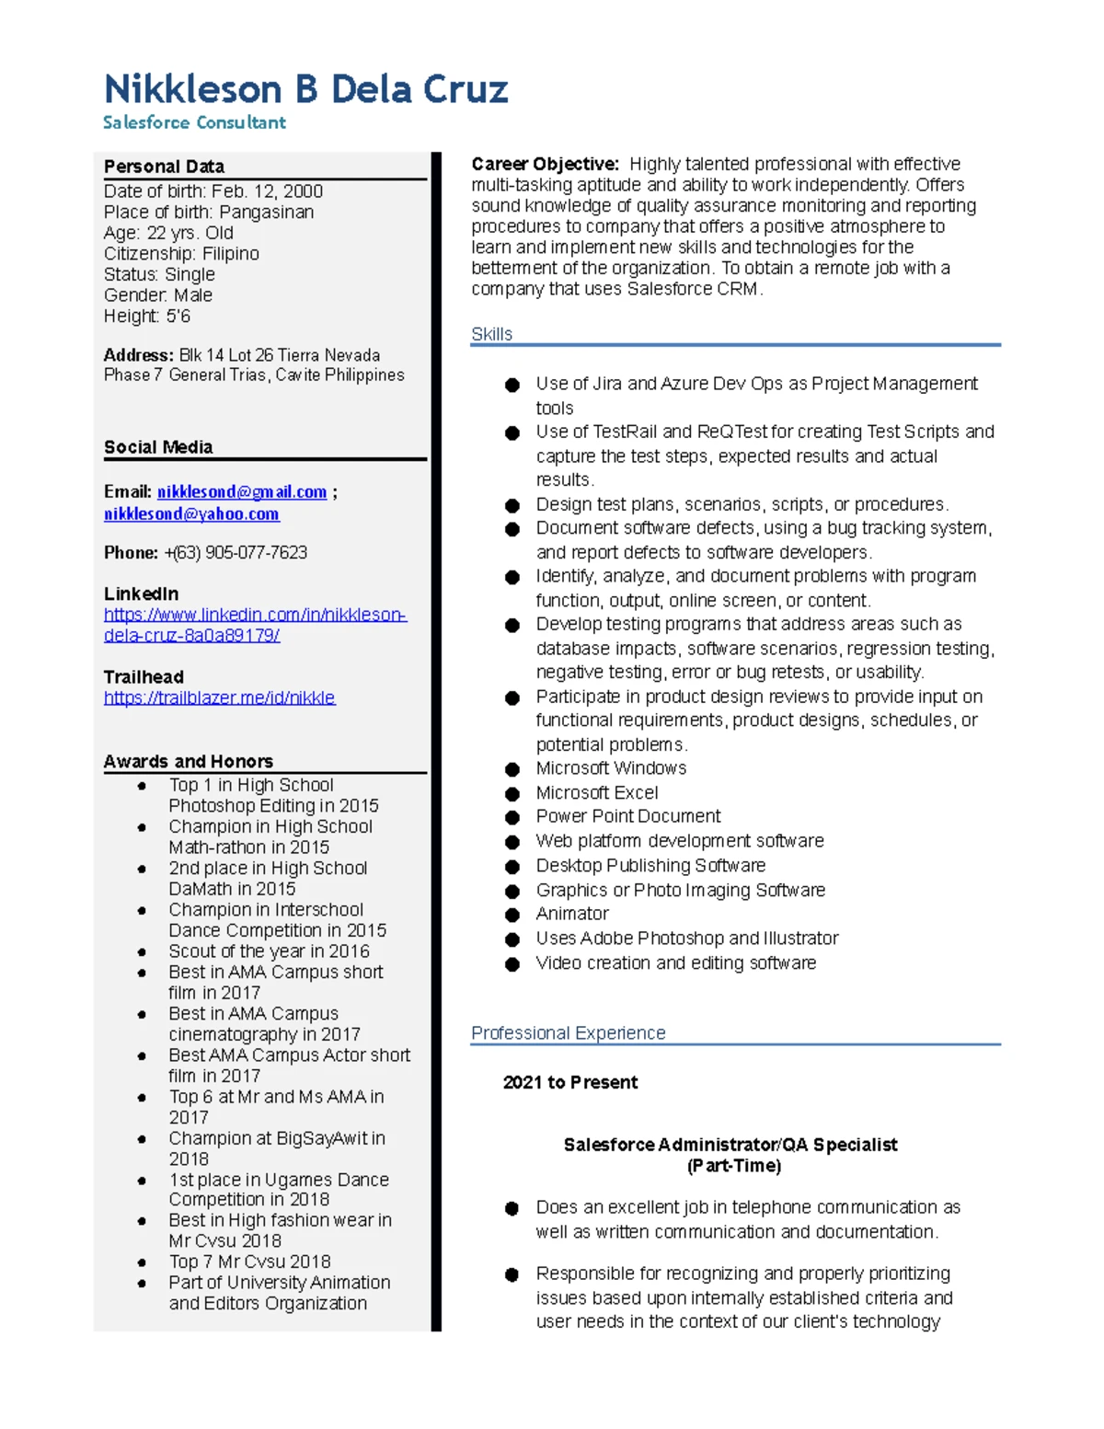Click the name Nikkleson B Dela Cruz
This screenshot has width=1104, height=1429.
305,89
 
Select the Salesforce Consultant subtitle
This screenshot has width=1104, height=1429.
194,122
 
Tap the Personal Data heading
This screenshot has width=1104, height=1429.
164,167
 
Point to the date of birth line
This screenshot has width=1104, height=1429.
213,191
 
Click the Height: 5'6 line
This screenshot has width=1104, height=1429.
147,317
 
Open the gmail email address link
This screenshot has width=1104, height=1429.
242,492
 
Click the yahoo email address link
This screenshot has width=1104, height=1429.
191,514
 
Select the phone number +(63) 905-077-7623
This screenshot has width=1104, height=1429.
236,553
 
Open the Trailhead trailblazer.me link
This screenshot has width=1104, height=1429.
219,697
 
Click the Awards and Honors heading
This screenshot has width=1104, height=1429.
188,761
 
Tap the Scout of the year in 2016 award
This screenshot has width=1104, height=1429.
269,951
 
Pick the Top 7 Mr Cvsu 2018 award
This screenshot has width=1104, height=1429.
249,1262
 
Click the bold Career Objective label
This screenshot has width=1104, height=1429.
545,165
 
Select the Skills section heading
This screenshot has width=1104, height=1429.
491,334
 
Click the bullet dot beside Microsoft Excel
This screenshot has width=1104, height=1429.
512,793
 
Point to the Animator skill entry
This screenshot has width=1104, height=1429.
572,914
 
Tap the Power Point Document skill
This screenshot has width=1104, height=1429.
628,816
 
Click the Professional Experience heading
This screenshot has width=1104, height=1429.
568,1033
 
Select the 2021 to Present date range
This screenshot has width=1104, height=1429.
569,1083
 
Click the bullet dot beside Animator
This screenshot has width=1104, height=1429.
512,915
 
